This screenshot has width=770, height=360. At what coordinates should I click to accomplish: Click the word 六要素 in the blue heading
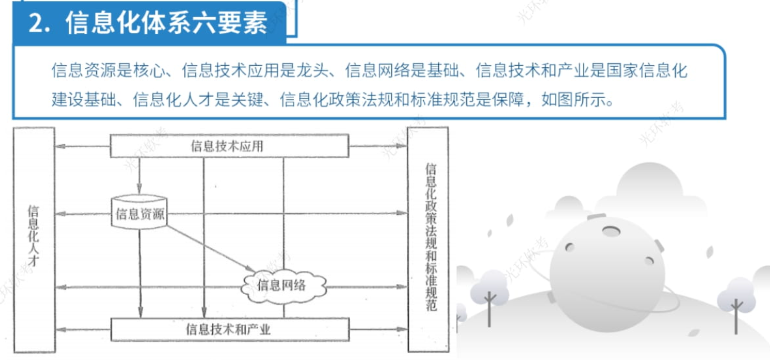tap(230, 23)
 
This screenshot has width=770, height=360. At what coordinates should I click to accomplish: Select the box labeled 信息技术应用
tap(229, 146)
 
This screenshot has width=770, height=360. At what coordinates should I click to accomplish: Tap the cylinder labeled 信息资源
tap(139, 212)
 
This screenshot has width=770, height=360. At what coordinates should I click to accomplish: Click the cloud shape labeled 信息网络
tap(283, 286)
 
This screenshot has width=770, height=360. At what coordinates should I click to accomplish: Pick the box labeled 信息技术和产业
tap(230, 330)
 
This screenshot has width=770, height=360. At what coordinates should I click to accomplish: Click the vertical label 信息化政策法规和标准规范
tap(431, 237)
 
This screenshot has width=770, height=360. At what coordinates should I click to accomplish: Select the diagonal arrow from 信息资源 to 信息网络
tap(211, 248)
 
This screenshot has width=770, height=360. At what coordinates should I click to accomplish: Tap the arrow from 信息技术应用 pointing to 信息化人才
tap(83, 146)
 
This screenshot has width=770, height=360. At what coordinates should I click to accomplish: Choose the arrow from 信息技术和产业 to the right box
tap(378, 330)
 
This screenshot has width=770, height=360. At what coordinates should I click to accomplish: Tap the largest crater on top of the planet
tap(611, 231)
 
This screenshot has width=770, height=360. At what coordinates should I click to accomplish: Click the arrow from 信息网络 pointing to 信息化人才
tap(148, 287)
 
